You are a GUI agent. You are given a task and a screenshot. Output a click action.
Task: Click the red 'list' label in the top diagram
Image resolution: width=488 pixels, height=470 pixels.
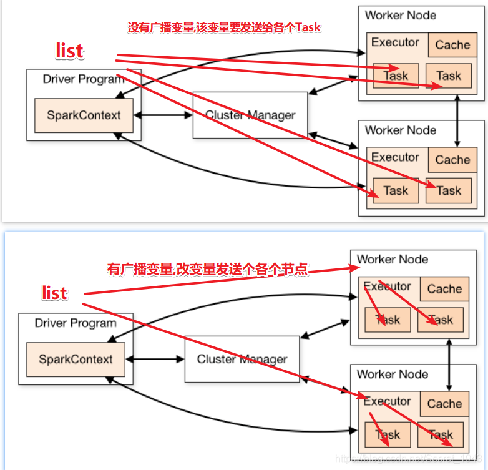70,51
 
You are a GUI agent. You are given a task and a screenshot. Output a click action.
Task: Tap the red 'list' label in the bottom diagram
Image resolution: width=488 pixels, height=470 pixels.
54,293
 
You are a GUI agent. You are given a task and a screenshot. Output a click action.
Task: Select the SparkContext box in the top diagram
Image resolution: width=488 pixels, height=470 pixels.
84,115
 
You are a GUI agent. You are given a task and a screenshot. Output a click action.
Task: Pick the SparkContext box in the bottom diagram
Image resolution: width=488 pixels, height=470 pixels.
76,360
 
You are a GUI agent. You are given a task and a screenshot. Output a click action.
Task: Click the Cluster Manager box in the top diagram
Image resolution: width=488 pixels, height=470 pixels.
250,115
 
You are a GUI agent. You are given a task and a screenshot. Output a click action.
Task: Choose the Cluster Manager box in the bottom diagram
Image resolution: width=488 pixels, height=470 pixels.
242,359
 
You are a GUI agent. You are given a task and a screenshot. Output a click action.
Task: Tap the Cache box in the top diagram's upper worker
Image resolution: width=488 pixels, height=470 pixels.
452,45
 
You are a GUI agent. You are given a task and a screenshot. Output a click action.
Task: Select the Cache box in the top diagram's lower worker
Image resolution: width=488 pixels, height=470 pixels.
452,160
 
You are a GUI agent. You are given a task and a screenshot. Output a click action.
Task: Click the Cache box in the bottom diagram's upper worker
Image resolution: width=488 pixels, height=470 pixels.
444,289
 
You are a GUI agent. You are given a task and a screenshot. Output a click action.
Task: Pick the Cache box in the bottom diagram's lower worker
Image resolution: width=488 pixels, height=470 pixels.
444,404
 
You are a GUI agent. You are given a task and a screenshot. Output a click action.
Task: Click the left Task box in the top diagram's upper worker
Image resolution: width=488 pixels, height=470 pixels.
396,76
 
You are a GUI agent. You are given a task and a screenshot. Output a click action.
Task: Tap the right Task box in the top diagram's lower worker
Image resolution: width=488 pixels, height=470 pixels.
448,190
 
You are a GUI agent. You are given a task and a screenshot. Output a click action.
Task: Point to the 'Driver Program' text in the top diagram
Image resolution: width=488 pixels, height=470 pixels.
83,79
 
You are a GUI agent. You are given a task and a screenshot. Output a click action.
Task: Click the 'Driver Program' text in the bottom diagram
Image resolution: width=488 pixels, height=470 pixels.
76,323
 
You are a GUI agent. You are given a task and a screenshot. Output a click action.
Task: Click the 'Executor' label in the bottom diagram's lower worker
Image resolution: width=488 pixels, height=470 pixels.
387,401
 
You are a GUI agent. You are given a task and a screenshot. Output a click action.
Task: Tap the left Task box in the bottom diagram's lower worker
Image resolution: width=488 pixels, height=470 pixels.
388,434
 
